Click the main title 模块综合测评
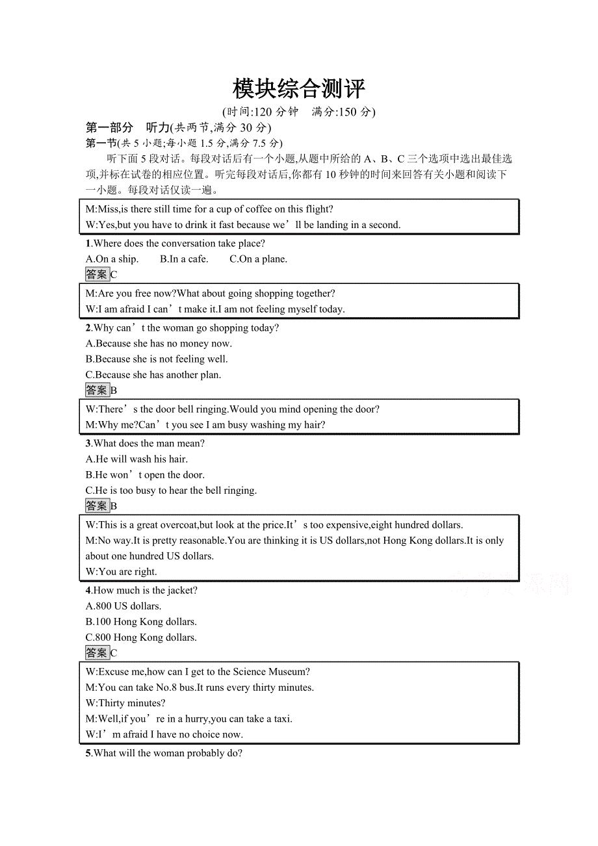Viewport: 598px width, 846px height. coord(299,88)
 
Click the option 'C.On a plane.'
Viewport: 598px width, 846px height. coord(258,259)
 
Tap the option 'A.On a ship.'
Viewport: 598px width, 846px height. coord(112,259)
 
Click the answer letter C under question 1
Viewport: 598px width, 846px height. coord(114,275)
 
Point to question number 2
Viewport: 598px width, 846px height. coord(88,328)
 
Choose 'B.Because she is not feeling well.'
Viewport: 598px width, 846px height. coord(157,359)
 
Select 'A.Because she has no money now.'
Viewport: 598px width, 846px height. coord(159,344)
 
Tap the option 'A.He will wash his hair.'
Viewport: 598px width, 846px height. coord(136,459)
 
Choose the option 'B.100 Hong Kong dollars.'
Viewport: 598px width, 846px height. coord(141,622)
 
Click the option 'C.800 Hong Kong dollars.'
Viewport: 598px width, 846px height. coord(141,637)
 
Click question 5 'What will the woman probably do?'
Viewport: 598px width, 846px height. coord(168,754)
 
